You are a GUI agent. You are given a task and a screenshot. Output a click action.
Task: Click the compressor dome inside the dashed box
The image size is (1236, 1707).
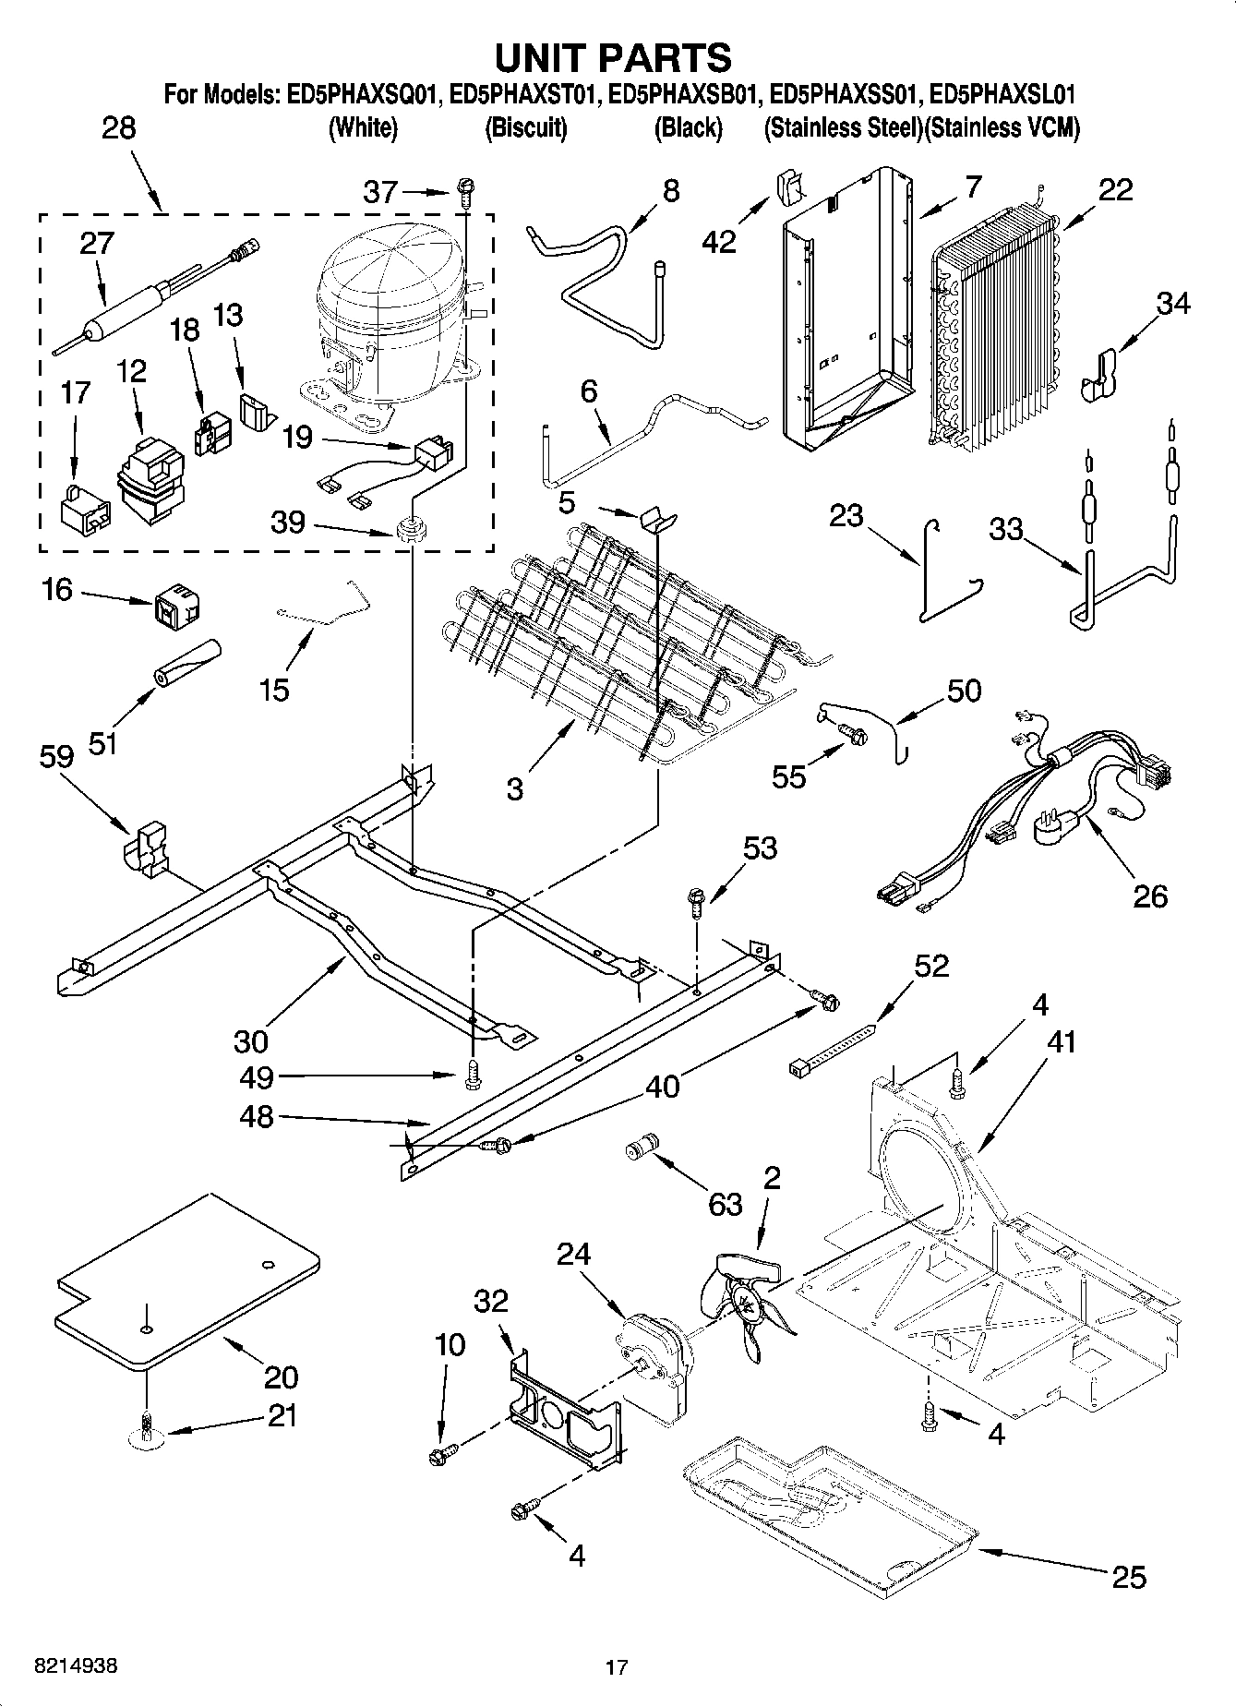[388, 277]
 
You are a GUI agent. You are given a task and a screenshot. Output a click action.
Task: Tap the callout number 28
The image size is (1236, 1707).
[118, 127]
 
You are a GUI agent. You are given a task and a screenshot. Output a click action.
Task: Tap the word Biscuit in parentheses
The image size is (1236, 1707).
[525, 128]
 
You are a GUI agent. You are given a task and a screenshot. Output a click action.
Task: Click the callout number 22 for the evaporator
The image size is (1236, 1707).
[1115, 189]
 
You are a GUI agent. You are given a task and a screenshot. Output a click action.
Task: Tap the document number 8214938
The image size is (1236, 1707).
[76, 1666]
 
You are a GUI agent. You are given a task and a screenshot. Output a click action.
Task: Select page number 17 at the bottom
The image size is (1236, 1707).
[617, 1667]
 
